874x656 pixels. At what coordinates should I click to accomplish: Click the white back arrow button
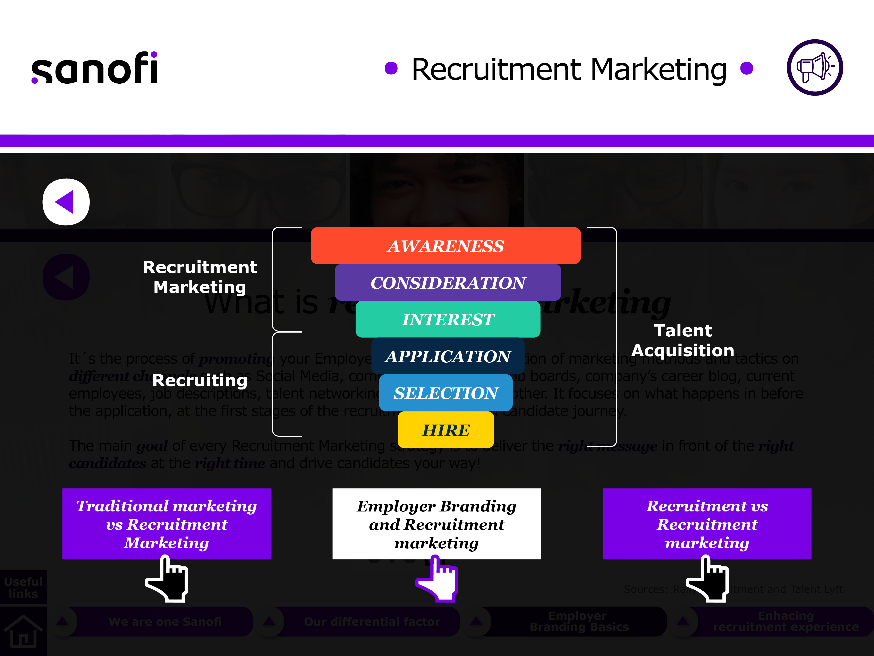click(x=66, y=202)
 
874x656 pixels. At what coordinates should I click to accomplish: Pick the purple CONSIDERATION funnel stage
click(x=448, y=282)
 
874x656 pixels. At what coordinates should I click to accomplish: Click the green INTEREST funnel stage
click(x=448, y=319)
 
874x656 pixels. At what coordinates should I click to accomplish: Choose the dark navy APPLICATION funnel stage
click(x=448, y=356)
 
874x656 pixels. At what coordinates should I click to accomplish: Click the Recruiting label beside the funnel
click(x=200, y=380)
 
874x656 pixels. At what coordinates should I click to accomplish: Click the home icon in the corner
click(x=23, y=631)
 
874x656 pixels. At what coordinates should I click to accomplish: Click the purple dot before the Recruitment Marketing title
click(x=391, y=68)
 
